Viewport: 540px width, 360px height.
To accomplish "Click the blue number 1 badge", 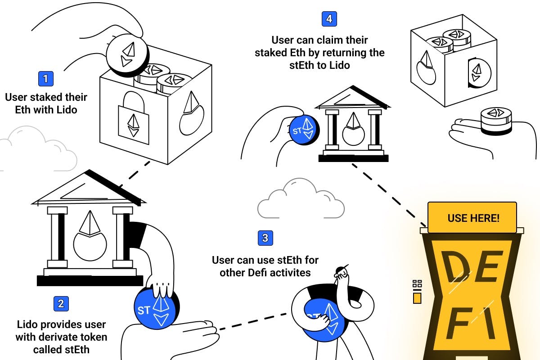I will pos(45,79).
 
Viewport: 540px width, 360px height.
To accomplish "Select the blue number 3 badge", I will pos(265,238).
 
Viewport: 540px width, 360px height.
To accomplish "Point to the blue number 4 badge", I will pos(329,19).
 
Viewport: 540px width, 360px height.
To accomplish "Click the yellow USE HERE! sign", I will pos(472,218).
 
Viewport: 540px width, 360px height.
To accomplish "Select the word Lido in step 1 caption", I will pos(66,109).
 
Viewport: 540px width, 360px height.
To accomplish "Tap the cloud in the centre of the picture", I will pos(301,199).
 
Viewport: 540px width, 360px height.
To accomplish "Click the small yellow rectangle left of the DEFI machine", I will pos(417,298).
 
